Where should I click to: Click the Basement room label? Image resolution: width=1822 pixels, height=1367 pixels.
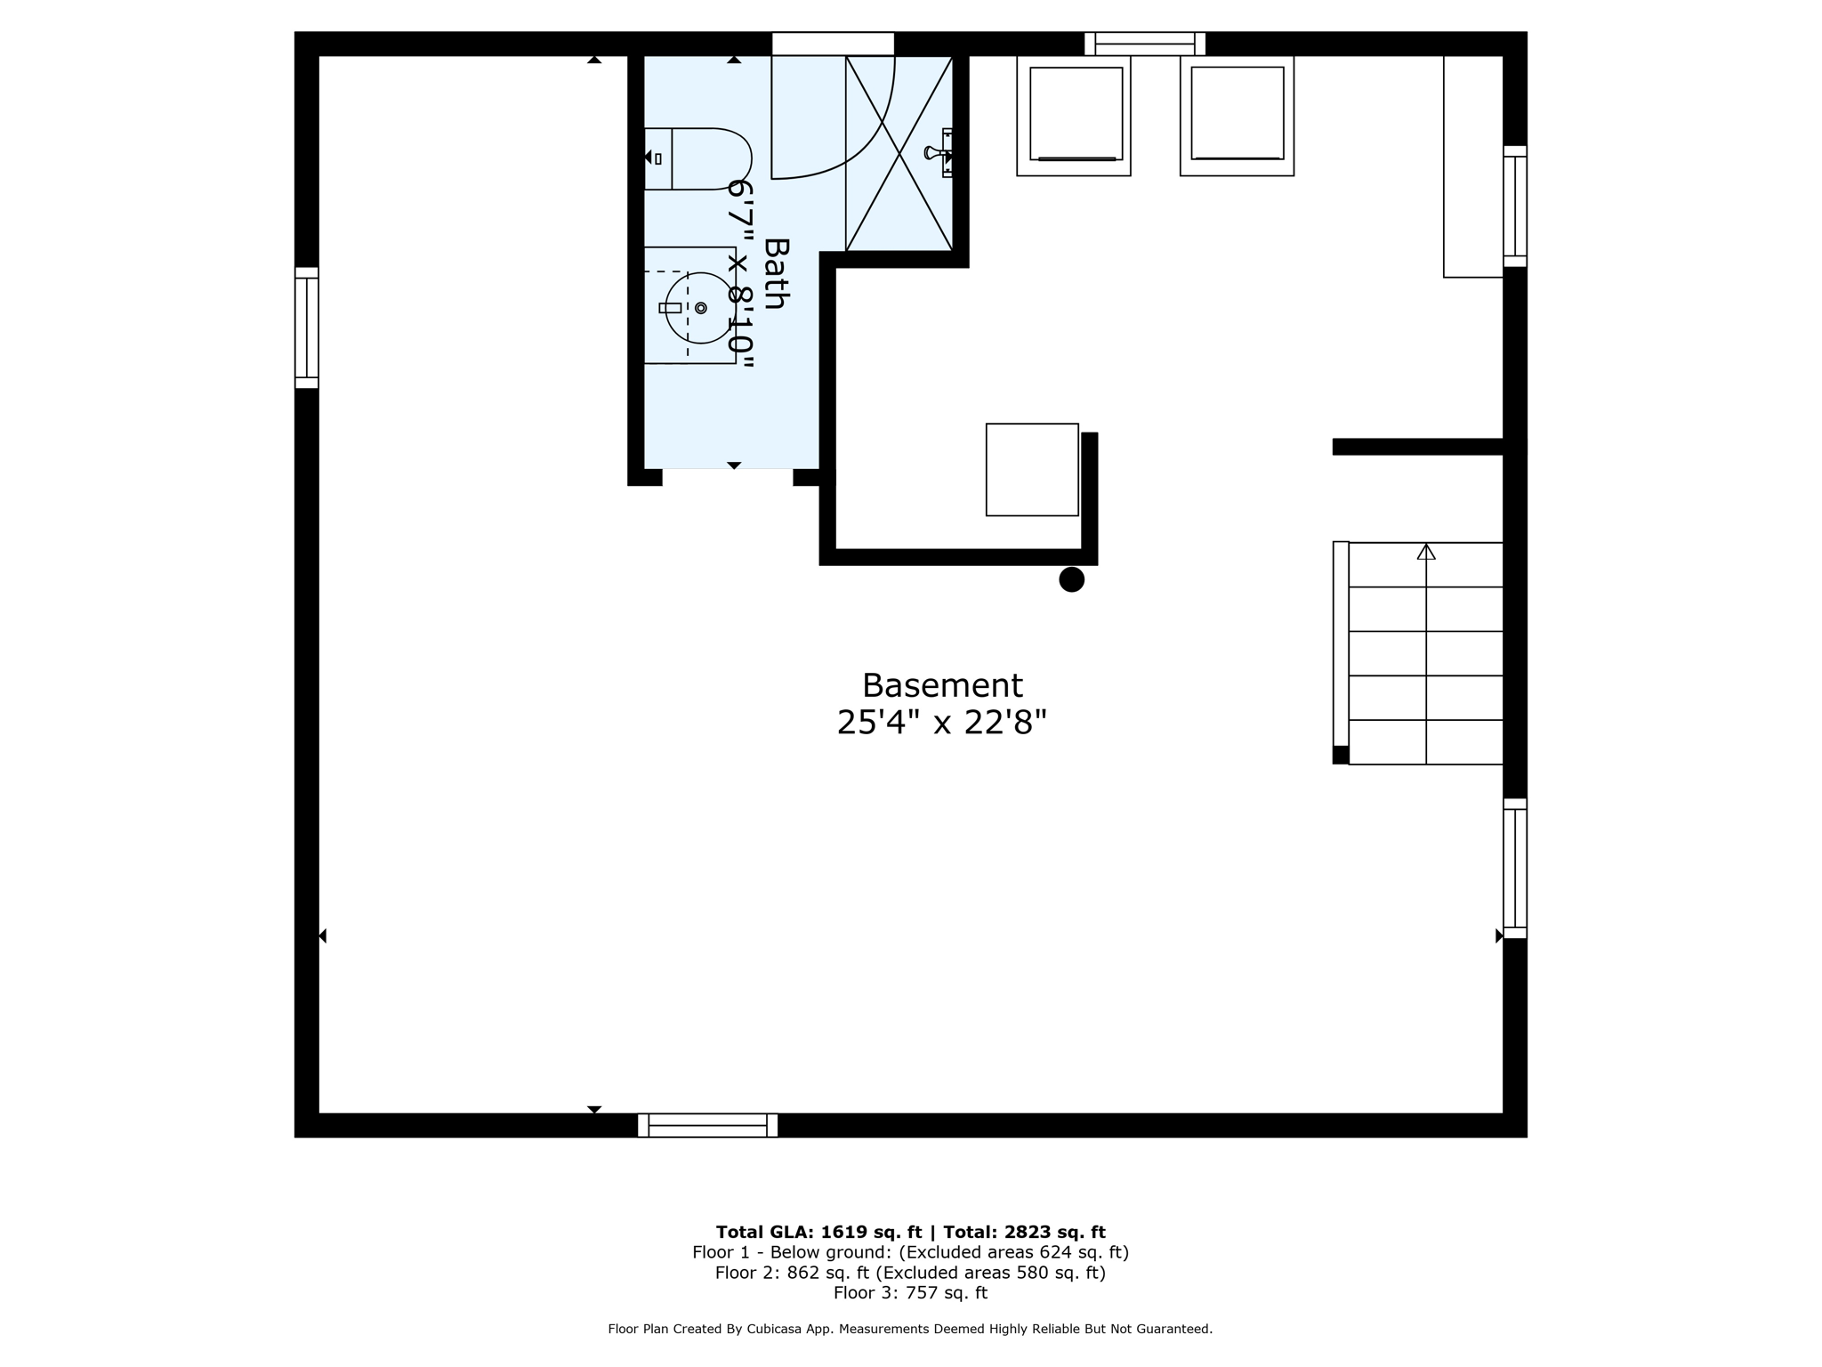click(x=942, y=686)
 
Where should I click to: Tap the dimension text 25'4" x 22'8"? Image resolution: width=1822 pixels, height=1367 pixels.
click(x=941, y=723)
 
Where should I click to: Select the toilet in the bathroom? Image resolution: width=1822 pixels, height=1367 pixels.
click(x=698, y=158)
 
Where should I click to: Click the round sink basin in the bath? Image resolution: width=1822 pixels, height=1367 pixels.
click(x=701, y=308)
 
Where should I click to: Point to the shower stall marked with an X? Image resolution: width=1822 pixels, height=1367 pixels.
click(x=899, y=153)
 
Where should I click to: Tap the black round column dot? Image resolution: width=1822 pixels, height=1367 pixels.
click(x=1071, y=579)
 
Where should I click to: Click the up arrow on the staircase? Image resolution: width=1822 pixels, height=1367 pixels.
click(x=1426, y=553)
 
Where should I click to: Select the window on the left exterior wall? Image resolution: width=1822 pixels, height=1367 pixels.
click(x=307, y=328)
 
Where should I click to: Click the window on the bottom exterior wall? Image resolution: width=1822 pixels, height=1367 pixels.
click(x=707, y=1125)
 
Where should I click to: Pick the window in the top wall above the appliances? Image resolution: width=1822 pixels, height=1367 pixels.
click(x=1144, y=44)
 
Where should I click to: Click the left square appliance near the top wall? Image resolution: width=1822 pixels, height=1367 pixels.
click(x=1074, y=115)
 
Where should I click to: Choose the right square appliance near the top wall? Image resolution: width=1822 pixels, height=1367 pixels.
click(x=1237, y=115)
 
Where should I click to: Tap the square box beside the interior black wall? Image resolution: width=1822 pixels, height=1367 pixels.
click(x=1032, y=469)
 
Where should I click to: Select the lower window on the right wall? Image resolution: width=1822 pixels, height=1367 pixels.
click(x=1514, y=868)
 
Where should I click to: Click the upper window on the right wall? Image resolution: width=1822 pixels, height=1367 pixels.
click(x=1514, y=206)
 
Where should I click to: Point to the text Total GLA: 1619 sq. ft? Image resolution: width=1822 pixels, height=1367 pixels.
click(x=818, y=1232)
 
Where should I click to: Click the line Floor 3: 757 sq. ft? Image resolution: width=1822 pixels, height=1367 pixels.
click(x=910, y=1292)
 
